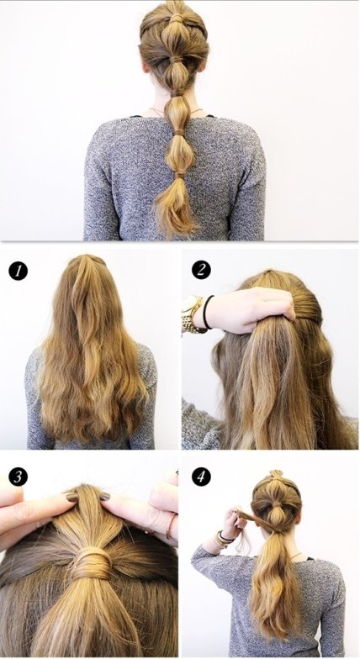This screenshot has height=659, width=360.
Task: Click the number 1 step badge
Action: coord(19,271)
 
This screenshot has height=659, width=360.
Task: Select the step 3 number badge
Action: coord(19,477)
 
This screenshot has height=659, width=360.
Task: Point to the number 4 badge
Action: coord(202,477)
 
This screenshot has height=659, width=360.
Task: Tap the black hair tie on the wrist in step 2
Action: coord(207,312)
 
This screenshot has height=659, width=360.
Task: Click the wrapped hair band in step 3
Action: coord(91,562)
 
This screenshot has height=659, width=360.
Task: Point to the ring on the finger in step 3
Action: coord(170,526)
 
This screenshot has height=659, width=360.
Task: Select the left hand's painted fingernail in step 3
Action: coord(72,498)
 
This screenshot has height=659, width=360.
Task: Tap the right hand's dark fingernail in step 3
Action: coord(104,496)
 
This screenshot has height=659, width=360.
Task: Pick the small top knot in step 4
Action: coord(276,474)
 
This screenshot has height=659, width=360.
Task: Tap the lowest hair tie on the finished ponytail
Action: coord(180,173)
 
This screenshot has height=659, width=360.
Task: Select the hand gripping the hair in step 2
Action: coord(248,310)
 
